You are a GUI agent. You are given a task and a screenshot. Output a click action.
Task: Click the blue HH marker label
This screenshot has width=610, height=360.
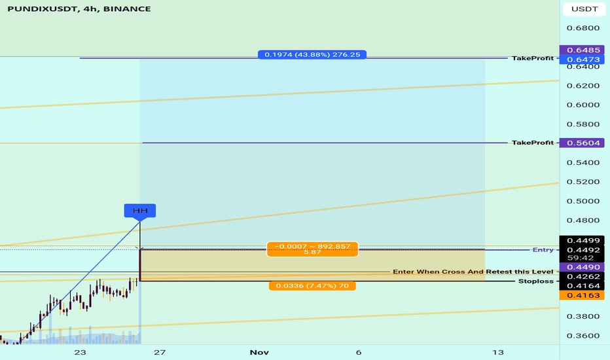pos(140,211)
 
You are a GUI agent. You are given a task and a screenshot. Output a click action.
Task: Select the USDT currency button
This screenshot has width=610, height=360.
pos(584,9)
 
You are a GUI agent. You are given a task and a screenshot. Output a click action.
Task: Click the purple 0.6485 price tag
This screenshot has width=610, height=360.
pos(583,50)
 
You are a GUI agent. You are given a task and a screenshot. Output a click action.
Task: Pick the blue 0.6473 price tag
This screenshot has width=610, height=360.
pos(583,59)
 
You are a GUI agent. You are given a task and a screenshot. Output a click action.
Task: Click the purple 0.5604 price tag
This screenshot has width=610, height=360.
pos(583,143)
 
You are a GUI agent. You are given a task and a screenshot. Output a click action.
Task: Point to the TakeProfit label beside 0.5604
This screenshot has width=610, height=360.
pos(533,143)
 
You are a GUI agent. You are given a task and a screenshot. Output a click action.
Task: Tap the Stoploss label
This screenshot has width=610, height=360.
pos(535,281)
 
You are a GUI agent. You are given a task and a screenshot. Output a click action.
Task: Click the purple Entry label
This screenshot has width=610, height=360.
pos(543,250)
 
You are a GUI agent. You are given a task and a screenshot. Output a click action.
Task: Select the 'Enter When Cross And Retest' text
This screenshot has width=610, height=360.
pos(473,272)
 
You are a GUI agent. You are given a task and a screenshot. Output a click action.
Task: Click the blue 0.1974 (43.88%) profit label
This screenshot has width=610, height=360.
pos(312,54)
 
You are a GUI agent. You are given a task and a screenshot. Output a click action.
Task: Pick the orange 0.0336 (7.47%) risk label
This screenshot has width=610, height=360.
pos(312,286)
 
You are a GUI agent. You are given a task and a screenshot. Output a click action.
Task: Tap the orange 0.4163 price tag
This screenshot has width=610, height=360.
pos(583,295)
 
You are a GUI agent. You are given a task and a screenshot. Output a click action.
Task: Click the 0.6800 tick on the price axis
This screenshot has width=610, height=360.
pos(583,28)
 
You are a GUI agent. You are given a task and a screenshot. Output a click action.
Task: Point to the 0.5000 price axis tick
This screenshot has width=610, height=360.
pos(583,201)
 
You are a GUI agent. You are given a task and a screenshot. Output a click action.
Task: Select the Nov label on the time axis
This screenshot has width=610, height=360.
pos(259,352)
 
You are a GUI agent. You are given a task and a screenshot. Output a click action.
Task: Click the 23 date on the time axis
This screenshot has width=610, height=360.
pos(80,352)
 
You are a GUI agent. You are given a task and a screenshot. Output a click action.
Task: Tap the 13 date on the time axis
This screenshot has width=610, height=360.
pos(498,352)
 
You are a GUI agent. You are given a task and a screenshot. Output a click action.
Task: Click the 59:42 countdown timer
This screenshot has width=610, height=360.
pos(581,258)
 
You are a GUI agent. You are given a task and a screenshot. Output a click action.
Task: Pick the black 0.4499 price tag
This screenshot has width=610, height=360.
pos(583,240)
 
